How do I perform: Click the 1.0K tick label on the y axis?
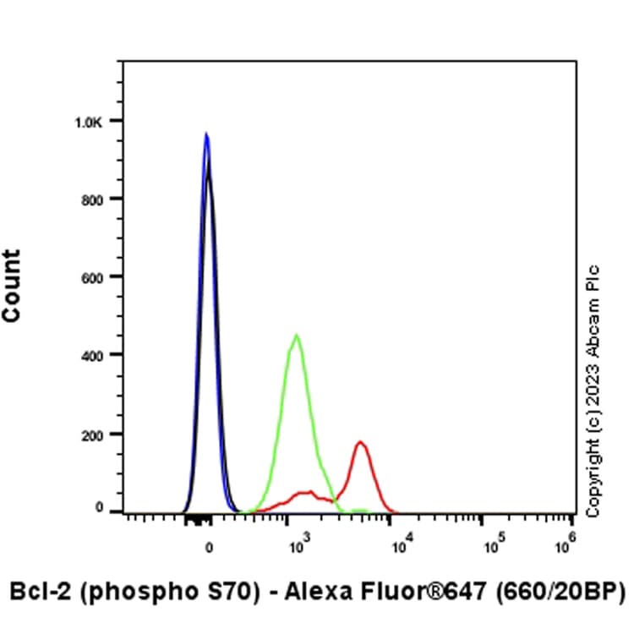88,122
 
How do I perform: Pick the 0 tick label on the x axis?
209,546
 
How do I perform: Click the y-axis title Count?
12,286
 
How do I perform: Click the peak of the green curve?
297,336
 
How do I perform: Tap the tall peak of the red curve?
361,442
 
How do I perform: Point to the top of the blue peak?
205,134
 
